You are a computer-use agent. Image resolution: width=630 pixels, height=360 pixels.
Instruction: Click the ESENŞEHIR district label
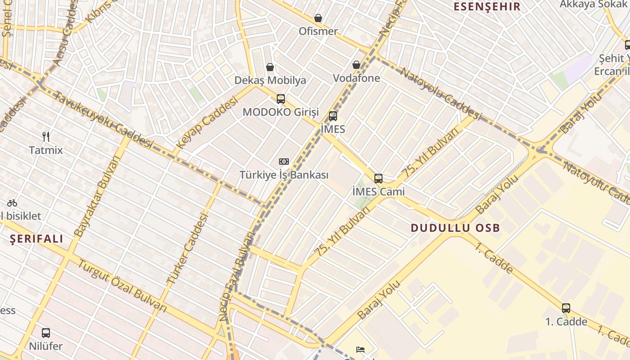(487, 7)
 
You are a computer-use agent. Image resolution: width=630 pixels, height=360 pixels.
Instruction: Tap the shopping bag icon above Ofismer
(318, 18)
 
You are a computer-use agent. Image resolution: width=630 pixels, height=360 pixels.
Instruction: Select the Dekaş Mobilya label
(270, 81)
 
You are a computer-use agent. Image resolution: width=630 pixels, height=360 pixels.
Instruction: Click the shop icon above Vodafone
(356, 65)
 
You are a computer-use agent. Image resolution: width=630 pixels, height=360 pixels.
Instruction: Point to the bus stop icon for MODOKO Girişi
(281, 99)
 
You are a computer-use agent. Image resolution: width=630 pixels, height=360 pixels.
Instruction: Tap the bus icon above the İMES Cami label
(378, 179)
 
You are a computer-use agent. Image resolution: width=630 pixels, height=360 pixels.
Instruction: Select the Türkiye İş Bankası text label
(284, 175)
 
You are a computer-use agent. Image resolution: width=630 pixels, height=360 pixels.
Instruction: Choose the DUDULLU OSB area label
(455, 228)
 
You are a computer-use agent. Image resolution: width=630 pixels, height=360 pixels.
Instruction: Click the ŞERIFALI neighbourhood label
(37, 239)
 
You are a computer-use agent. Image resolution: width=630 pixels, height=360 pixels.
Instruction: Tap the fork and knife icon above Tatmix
(45, 136)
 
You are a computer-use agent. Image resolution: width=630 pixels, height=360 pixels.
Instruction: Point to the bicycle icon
(12, 203)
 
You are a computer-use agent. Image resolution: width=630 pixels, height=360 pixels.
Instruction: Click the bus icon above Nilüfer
(46, 333)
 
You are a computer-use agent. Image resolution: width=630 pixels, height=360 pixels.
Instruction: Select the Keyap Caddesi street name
(207, 123)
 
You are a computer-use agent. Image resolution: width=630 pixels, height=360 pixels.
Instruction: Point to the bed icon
(360, 350)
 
